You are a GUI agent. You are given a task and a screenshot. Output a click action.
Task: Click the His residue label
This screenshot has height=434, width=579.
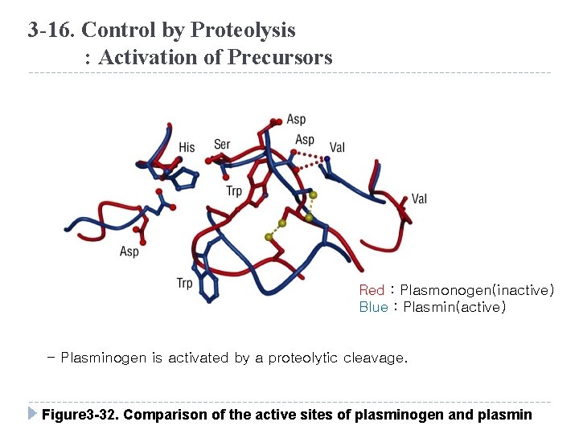click(x=187, y=147)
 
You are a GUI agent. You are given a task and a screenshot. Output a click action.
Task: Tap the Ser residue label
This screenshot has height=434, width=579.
click(x=223, y=145)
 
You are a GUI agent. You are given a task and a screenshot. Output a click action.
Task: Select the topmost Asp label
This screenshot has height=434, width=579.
click(x=296, y=120)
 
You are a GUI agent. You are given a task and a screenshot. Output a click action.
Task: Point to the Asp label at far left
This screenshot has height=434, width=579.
click(x=129, y=252)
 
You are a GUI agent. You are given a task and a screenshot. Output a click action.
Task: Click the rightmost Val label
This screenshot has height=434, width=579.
click(x=419, y=199)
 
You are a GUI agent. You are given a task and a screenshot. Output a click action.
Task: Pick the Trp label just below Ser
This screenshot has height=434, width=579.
click(x=234, y=190)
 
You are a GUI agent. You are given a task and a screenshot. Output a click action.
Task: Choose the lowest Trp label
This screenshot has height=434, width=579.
click(x=185, y=282)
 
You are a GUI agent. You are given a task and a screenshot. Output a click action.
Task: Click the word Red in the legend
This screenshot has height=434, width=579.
click(x=372, y=290)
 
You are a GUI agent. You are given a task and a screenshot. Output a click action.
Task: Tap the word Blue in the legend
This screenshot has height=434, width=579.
click(x=373, y=307)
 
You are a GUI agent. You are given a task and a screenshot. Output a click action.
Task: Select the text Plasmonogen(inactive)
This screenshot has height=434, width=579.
click(x=477, y=290)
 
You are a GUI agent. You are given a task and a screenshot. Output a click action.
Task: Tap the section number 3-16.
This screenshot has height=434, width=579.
click(x=51, y=31)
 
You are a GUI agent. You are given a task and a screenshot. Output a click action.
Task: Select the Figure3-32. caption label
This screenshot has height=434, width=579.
click(x=79, y=415)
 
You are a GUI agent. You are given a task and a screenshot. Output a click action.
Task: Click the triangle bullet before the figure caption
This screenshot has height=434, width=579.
click(x=32, y=415)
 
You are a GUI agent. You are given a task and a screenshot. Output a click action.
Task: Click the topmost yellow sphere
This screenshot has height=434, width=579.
click(x=313, y=194)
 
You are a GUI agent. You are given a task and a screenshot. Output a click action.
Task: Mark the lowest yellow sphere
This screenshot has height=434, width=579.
click(x=269, y=237)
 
